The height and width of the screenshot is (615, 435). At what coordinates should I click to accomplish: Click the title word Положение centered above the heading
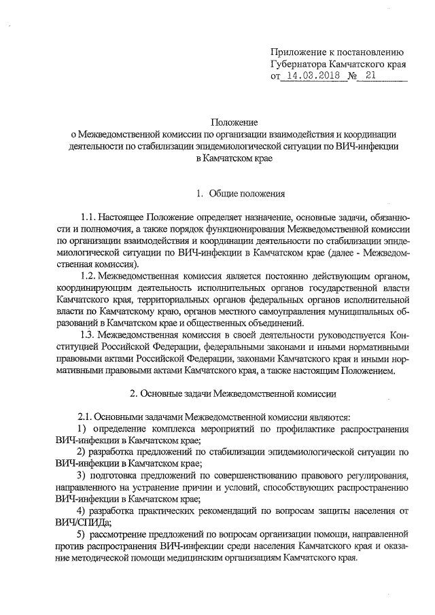234,122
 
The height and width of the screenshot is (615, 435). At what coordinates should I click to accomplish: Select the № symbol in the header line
353,77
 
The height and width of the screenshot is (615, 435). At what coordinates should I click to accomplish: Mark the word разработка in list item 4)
117,510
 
